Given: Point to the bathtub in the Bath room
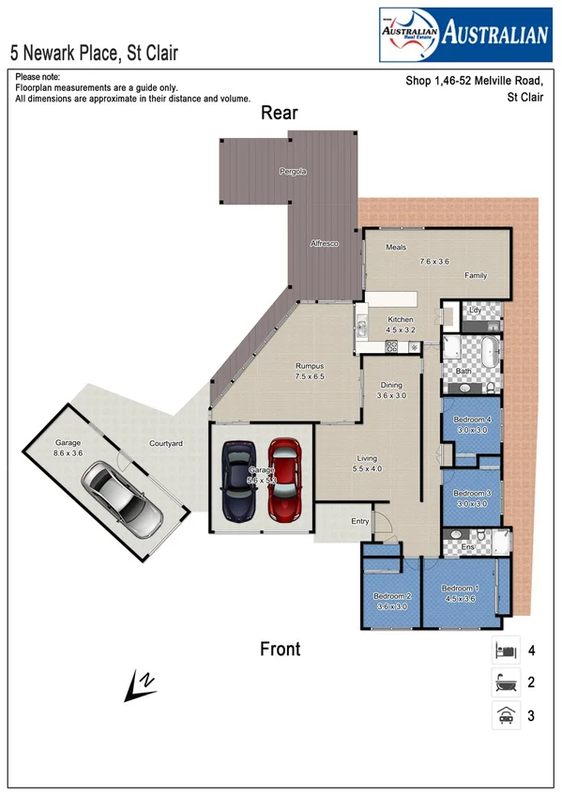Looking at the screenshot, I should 488,354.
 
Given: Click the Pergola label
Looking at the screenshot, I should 293,172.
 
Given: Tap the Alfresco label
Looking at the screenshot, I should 324,244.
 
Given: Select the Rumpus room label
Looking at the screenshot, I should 310,366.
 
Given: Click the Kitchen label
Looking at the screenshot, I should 401,320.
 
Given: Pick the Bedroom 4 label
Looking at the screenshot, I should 472,419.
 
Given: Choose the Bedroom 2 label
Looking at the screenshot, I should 392,596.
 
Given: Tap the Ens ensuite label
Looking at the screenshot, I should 468,546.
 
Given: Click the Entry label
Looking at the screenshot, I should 360,521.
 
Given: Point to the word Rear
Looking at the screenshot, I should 279,114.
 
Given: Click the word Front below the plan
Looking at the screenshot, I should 280,649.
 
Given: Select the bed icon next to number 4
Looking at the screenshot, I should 506,650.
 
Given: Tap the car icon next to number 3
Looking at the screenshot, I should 506,715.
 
